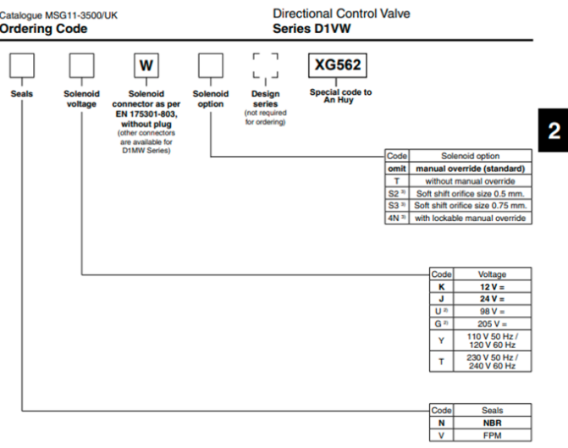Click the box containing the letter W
click(146, 65)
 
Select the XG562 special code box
click(338, 65)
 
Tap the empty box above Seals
click(22, 65)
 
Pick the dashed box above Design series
click(266, 65)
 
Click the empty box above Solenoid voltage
click(82, 65)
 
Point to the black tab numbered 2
click(553, 130)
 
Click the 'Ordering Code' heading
click(43, 29)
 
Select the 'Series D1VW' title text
click(312, 29)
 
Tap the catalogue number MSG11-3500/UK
click(81, 15)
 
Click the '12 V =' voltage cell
click(493, 287)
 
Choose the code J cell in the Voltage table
click(442, 299)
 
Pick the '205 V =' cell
click(493, 324)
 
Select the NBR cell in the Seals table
click(493, 423)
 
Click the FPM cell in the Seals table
click(493, 435)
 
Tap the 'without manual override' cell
click(470, 181)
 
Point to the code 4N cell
click(397, 218)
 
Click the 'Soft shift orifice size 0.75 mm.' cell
click(470, 206)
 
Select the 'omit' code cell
click(397, 169)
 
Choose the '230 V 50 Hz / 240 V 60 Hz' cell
click(493, 362)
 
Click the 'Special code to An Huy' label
click(340, 96)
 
